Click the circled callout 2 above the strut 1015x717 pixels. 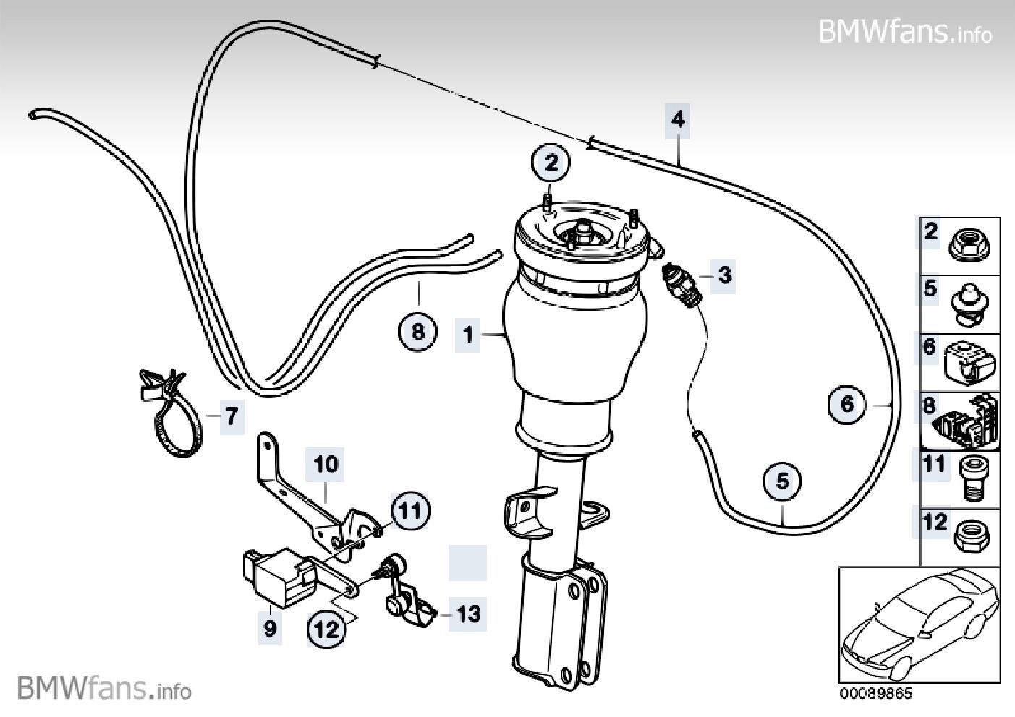551,163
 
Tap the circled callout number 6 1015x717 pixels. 847,403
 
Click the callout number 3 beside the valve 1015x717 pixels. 724,274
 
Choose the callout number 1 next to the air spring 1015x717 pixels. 468,335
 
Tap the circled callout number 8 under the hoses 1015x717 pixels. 417,332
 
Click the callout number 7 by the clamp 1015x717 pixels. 230,416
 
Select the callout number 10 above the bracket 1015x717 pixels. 326,463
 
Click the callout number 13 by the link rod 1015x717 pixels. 468,614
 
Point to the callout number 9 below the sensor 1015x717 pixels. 270,628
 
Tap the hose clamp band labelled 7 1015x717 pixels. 171,419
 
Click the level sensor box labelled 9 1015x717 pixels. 276,577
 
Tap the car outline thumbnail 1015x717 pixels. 920,624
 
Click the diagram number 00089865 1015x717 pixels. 876,694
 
